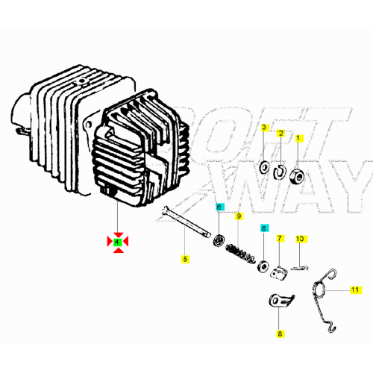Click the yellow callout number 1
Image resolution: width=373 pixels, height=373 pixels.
(298, 138)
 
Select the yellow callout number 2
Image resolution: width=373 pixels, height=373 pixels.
(280, 134)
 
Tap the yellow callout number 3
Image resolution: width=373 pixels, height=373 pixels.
(264, 128)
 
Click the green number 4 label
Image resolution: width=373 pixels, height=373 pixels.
(117, 242)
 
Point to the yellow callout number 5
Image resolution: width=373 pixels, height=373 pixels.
(185, 259)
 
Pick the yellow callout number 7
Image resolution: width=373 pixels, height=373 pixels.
(280, 238)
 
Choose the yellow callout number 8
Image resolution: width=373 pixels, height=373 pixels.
(280, 333)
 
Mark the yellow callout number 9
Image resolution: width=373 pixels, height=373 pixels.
(239, 216)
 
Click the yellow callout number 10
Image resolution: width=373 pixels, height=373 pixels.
(300, 239)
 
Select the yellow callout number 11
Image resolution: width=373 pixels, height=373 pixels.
(355, 289)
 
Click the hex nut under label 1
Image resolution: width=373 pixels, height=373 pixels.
(297, 177)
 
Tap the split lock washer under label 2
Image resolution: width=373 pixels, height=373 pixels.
(280, 172)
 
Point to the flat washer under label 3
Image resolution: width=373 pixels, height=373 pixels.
(264, 167)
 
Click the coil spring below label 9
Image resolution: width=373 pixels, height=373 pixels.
(240, 254)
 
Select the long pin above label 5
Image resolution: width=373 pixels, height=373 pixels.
(186, 222)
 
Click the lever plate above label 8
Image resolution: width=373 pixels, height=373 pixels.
(281, 301)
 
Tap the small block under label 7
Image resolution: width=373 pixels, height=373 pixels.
(279, 273)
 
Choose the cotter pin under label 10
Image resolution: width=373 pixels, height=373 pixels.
(300, 268)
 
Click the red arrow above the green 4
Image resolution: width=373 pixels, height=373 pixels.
(119, 235)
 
